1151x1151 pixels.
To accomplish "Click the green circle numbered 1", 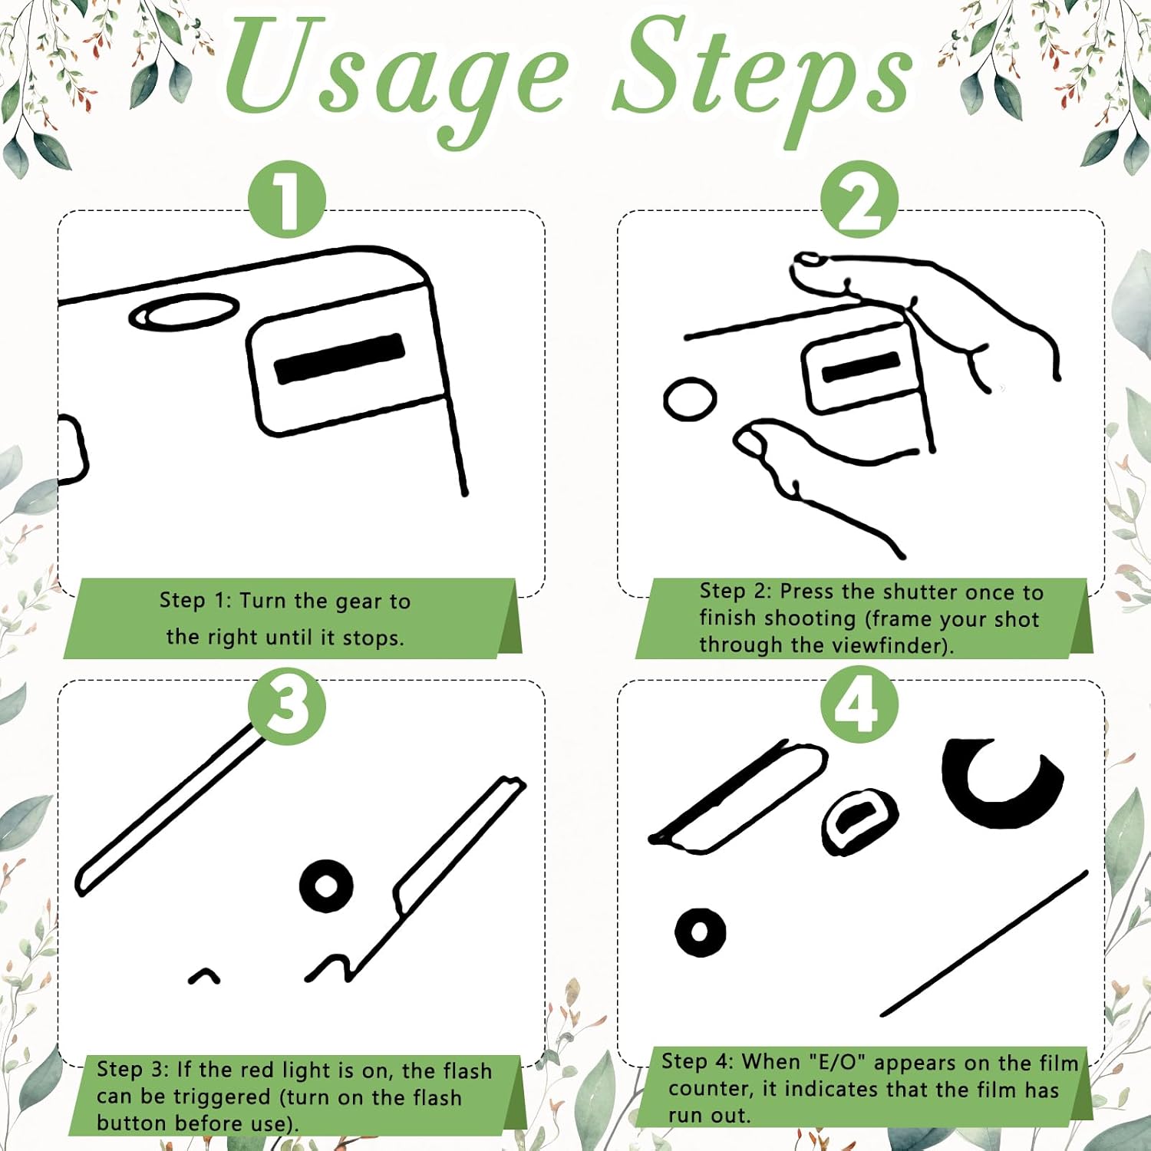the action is (x=287, y=200).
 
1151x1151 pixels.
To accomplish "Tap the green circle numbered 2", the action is (x=859, y=200).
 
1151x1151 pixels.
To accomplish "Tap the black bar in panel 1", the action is (x=339, y=358).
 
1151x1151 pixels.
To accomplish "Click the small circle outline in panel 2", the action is (x=689, y=399).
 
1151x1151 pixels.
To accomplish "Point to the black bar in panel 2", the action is (x=861, y=367).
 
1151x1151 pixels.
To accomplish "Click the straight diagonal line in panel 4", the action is (x=984, y=943).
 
